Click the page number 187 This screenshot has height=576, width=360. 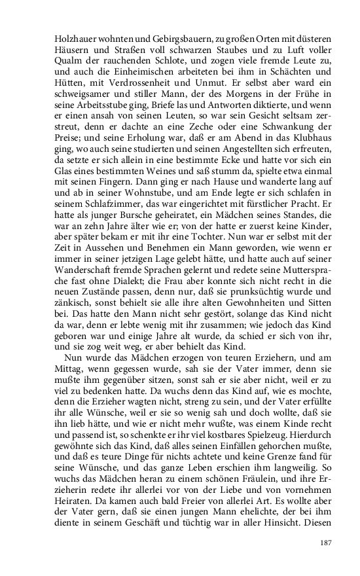coord(327,543)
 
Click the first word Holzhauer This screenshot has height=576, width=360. coord(73,37)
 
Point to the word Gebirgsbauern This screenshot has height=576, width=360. coord(168,37)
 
